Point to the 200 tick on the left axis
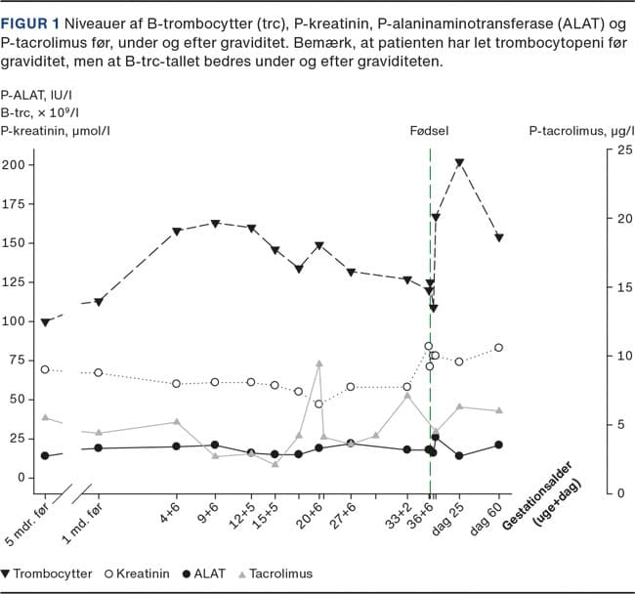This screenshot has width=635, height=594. click(x=14, y=164)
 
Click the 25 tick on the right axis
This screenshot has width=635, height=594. click(x=621, y=149)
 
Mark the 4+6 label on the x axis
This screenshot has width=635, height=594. click(x=171, y=514)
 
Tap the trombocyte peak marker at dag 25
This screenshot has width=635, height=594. click(x=459, y=163)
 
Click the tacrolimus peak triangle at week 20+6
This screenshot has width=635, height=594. click(x=318, y=363)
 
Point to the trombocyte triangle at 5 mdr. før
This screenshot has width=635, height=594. click(x=45, y=321)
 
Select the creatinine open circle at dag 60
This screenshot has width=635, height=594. click(x=498, y=348)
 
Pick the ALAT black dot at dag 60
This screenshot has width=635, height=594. click(x=498, y=445)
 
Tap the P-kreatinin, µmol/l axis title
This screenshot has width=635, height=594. click(x=55, y=130)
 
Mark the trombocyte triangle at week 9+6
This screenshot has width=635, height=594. click(x=215, y=224)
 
